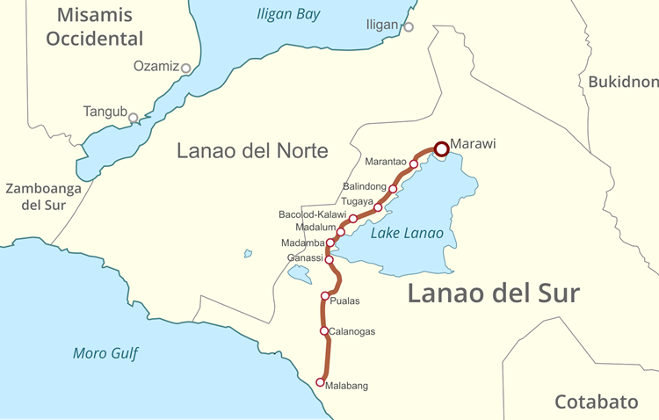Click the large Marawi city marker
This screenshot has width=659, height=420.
[441, 148]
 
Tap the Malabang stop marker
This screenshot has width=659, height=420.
[321, 382]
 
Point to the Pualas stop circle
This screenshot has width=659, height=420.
[325, 296]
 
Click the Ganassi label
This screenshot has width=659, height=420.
[305, 257]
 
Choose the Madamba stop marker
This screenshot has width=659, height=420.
[330, 243]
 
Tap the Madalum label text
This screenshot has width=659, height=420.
[315, 228]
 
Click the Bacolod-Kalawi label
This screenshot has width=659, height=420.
[312, 214]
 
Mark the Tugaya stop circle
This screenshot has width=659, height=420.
[378, 207]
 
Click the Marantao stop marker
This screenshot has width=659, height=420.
[414, 164]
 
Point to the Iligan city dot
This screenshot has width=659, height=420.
[409, 27]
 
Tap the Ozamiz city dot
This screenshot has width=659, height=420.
[185, 67]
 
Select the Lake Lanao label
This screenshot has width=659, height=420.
[407, 233]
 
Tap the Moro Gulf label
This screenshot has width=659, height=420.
[105, 353]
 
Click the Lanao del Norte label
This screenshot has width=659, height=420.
[252, 150]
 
